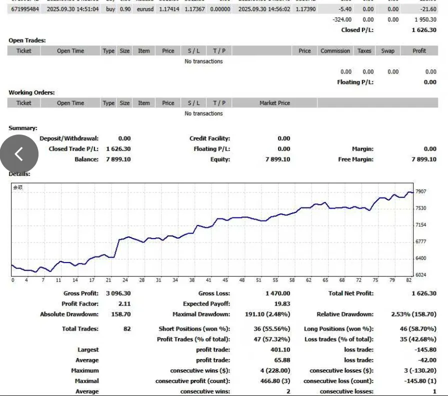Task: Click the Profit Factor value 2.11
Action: point(124,304)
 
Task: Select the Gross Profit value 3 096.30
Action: point(118,293)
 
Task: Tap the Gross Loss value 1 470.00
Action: point(277,293)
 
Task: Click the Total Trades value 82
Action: point(127,329)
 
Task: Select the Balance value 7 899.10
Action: point(118,159)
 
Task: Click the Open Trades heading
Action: point(27,40)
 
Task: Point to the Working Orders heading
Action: point(31,92)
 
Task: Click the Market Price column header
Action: point(274,103)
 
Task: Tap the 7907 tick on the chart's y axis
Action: point(420,191)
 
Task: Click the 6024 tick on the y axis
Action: point(420,275)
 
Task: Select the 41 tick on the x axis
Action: point(208,280)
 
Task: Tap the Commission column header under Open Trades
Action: point(335,51)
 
